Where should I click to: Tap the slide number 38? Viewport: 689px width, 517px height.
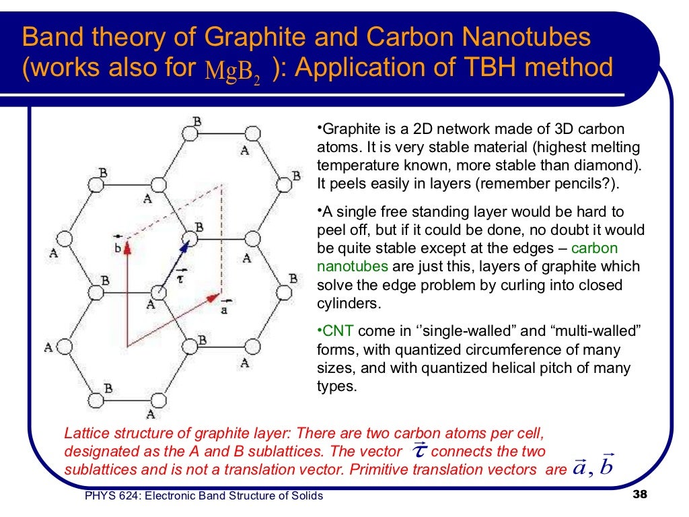pos(639,496)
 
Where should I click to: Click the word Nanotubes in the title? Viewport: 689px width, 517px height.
pos(530,38)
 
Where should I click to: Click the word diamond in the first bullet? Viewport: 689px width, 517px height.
pos(604,165)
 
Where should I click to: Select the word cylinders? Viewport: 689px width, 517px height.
pos(348,304)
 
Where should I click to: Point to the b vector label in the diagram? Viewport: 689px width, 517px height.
pos(118,246)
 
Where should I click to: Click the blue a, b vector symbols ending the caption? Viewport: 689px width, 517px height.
pos(592,467)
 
